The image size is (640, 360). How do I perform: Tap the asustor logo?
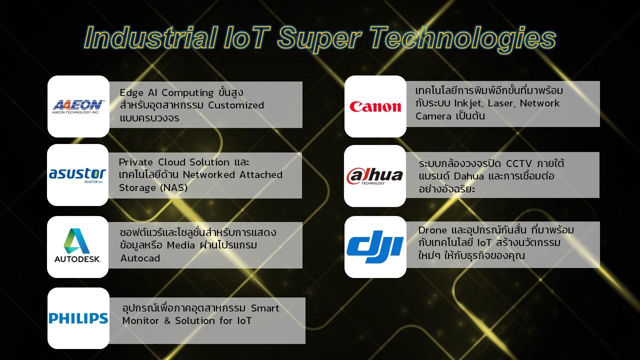(x=77, y=174)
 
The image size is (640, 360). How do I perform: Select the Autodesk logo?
(x=77, y=245)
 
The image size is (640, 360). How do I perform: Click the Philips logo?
(x=78, y=318)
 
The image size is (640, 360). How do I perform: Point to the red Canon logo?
(x=375, y=106)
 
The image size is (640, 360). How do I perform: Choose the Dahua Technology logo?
(x=374, y=176)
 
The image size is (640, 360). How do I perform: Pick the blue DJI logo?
(x=375, y=247)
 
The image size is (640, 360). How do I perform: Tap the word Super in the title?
(x=319, y=39)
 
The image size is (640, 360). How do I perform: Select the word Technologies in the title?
(x=463, y=39)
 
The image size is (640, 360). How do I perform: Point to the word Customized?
(x=235, y=105)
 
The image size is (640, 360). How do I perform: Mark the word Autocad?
(x=140, y=258)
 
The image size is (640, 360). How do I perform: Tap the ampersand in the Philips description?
(x=167, y=321)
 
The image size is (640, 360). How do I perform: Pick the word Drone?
(x=432, y=230)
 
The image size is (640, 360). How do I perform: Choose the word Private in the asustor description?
(x=135, y=162)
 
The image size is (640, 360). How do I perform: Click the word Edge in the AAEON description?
(x=131, y=93)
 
